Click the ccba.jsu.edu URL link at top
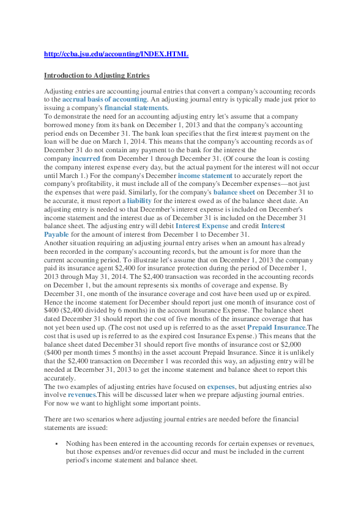[x=116, y=54]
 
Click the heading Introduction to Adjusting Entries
[x=97, y=75]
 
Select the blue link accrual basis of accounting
[x=105, y=99]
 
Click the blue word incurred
[x=86, y=158]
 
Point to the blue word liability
[x=139, y=200]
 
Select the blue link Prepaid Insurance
[x=276, y=327]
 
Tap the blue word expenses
[x=221, y=387]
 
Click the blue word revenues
[x=81, y=395]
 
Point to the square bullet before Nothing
[x=56, y=443]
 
